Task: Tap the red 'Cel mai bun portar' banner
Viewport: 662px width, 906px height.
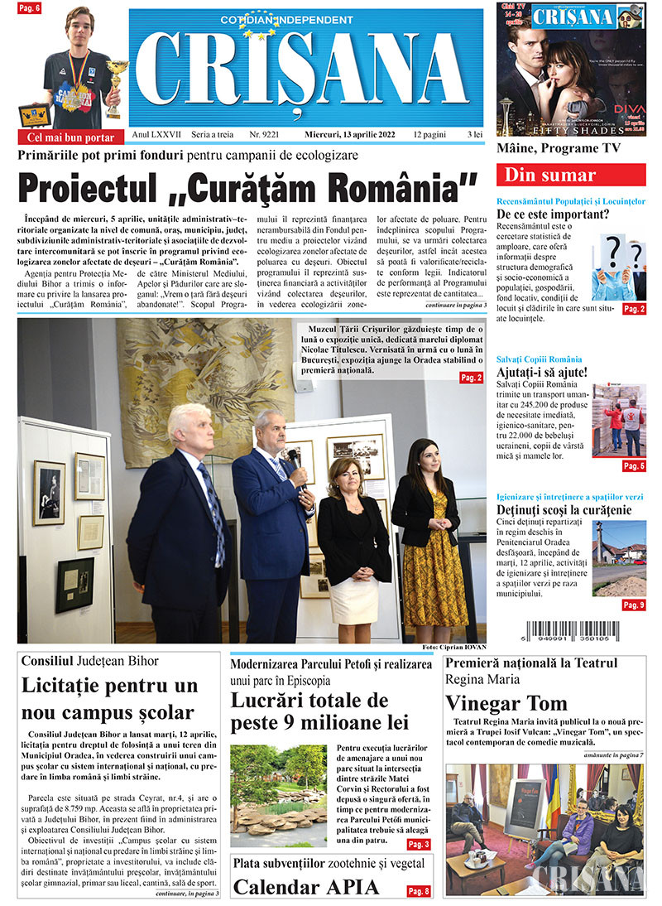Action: point(71,137)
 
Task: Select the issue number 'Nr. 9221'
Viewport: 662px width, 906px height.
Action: point(264,133)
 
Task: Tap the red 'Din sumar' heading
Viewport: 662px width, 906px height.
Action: point(570,175)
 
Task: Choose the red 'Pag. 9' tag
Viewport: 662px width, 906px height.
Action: point(634,605)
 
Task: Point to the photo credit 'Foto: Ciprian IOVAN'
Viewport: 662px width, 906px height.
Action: point(453,647)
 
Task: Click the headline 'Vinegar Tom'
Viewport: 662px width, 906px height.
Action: point(506,703)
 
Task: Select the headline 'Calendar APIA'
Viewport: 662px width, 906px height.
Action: point(305,887)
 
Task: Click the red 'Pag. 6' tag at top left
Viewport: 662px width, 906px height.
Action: point(31,7)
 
